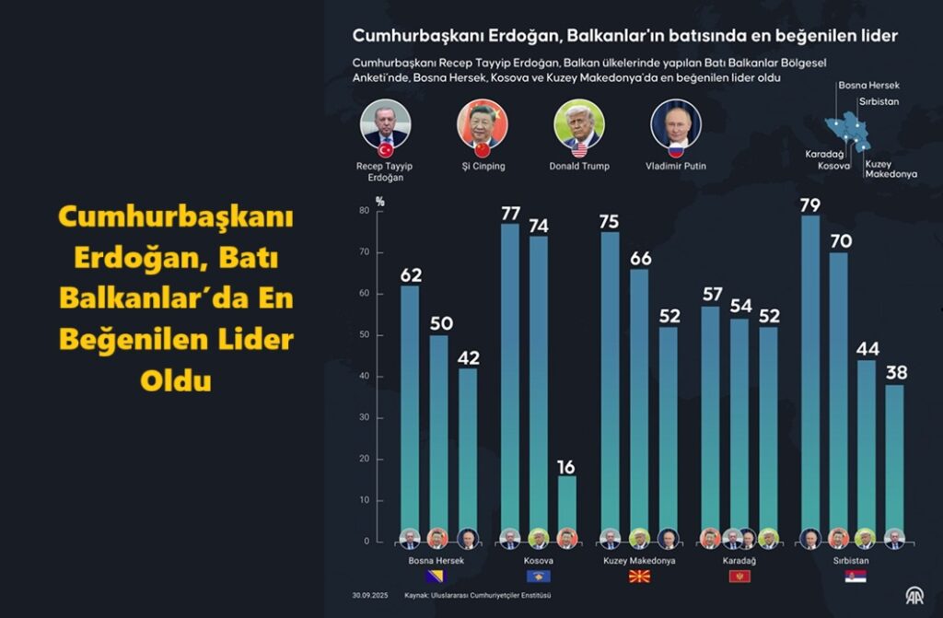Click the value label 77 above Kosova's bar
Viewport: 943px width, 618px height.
tap(510, 213)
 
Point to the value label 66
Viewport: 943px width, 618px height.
tap(639, 258)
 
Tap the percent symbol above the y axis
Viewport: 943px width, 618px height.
tap(379, 200)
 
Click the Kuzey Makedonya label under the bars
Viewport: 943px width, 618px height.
tap(639, 560)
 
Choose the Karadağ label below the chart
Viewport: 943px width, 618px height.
tap(739, 560)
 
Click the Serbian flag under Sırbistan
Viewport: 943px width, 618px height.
tap(856, 577)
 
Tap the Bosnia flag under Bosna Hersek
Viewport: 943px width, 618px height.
tap(436, 577)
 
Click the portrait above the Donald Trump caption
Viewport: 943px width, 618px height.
tap(579, 124)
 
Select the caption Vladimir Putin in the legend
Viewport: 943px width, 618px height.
tap(676, 167)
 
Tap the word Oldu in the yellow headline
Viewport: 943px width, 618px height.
tap(176, 380)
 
